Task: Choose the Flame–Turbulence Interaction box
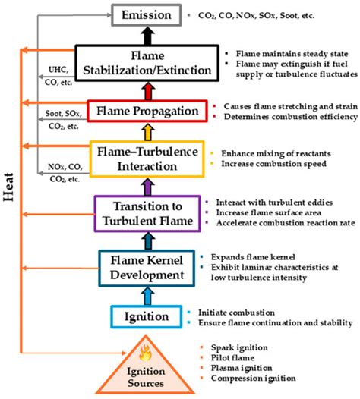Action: (147, 159)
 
